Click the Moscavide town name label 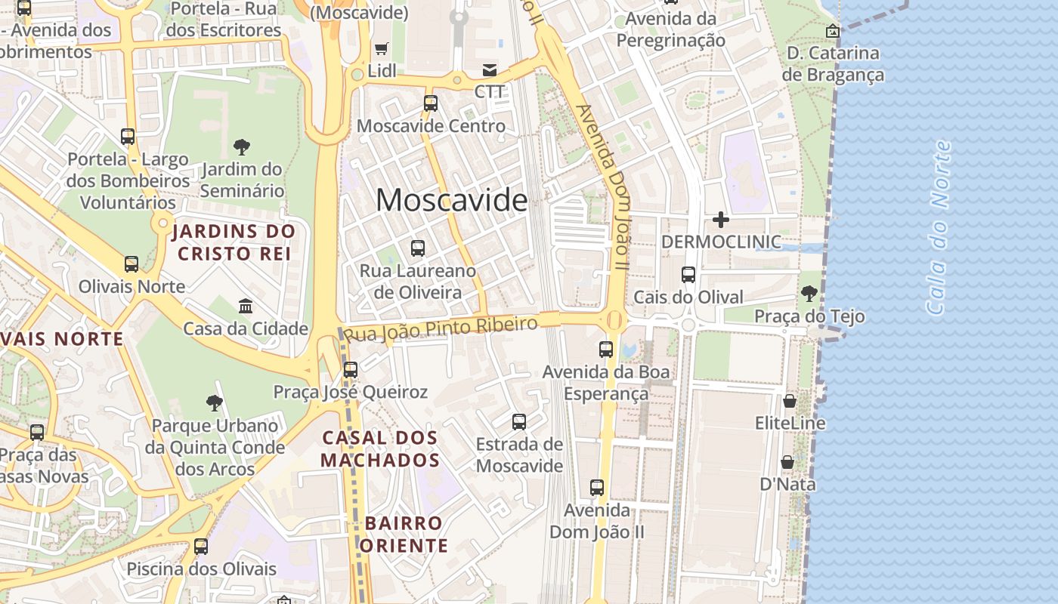coord(451,200)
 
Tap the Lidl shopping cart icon coord(382,49)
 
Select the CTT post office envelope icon coord(490,70)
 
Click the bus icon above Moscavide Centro coord(431,103)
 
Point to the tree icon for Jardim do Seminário coord(242,146)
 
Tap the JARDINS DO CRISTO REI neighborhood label coord(234,242)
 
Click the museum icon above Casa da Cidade coord(246,306)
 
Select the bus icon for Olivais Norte coord(131,264)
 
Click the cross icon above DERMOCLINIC coord(721,220)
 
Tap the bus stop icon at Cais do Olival coord(688,275)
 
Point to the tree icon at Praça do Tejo coord(809,293)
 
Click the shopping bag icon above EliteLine coord(790,400)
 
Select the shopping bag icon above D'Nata coord(787,461)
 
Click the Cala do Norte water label coord(938,227)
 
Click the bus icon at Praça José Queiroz coord(351,370)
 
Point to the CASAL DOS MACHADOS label coord(380,448)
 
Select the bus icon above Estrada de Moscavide coord(519,422)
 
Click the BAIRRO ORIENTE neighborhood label coord(404,534)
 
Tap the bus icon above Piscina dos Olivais coord(201,546)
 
